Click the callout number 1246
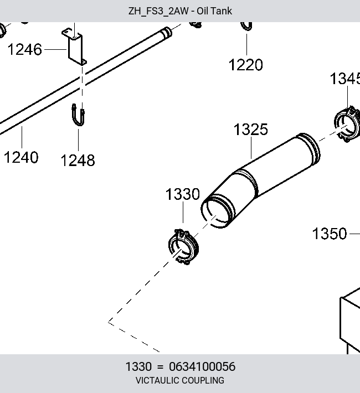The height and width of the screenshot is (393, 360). (24, 49)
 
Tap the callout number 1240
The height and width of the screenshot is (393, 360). (21, 157)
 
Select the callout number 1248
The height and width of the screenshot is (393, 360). (78, 161)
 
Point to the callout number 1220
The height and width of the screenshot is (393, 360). (245, 65)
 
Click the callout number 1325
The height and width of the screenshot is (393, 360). (251, 130)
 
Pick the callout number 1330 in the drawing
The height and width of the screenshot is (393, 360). (183, 194)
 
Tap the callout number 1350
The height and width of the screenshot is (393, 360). (330, 234)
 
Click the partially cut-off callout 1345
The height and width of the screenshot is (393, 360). (345, 79)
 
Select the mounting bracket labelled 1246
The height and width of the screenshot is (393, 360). (74, 47)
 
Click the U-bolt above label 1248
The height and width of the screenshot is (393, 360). (78, 115)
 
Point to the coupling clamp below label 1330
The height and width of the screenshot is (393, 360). (183, 247)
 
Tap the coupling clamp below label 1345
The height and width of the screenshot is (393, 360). (347, 124)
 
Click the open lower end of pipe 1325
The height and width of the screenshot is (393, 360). (217, 211)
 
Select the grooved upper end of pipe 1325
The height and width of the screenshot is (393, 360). (308, 149)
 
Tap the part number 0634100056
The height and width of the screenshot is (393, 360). (202, 366)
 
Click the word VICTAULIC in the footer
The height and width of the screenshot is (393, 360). (157, 380)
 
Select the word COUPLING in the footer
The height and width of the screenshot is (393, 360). (202, 380)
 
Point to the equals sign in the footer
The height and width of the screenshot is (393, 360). (160, 367)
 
